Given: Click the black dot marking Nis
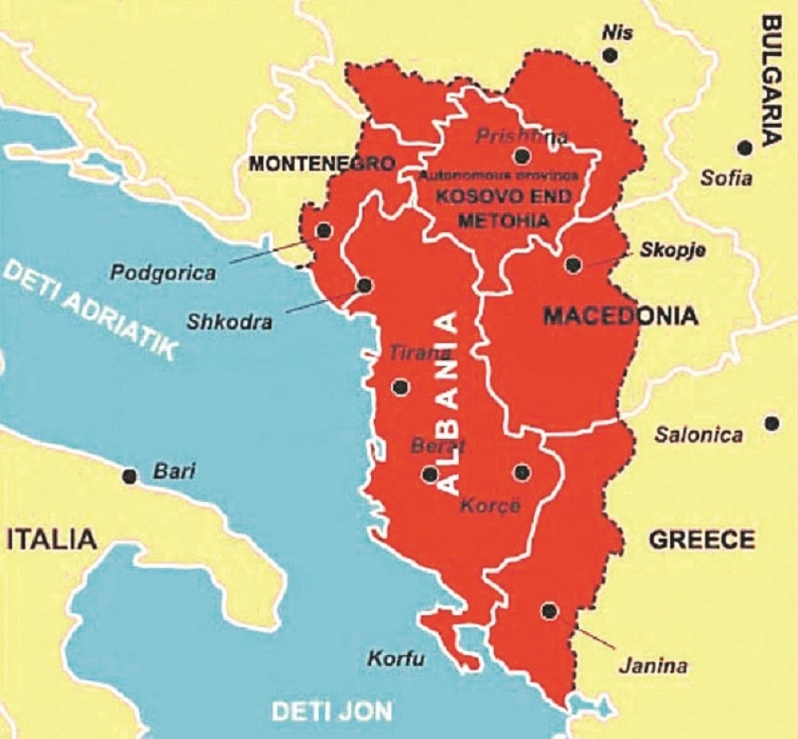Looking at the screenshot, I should point(610,55).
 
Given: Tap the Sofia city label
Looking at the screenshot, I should point(726,178).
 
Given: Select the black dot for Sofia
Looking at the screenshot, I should point(745,148).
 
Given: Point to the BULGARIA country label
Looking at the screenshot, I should point(772,80).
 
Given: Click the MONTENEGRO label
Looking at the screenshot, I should point(322,164).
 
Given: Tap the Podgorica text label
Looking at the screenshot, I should point(163,273).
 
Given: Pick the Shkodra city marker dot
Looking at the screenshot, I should point(365,285).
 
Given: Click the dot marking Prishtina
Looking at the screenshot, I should point(523,156).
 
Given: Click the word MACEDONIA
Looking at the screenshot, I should point(620,316).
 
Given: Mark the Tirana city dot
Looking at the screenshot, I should point(401,388).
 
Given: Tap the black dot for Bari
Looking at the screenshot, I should point(128,476).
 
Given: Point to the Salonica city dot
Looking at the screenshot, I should point(771,423).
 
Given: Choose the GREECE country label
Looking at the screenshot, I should point(701,539).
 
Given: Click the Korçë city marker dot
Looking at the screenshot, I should point(522,472).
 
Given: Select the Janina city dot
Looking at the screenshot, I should point(548,611).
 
